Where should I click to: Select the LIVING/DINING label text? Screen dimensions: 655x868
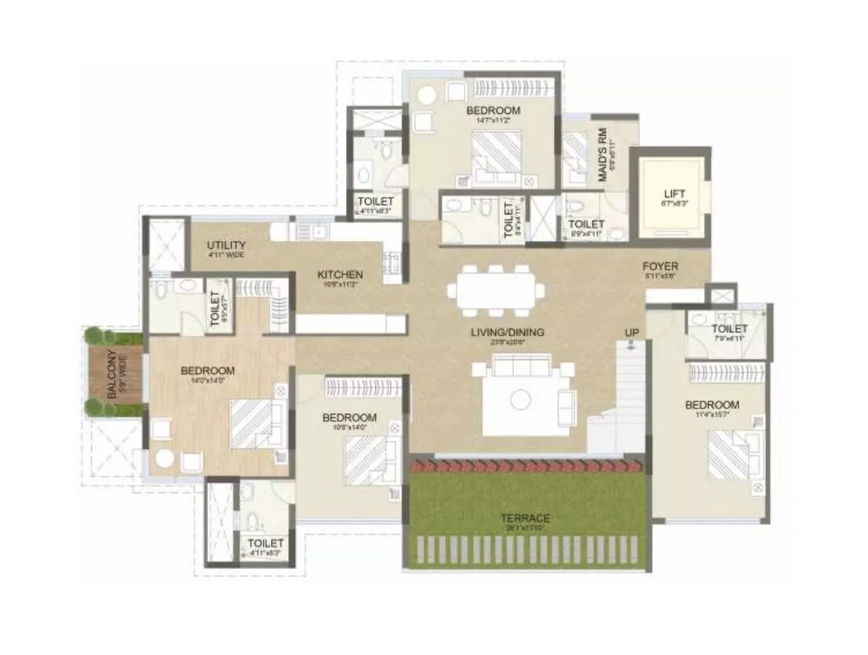click(507, 332)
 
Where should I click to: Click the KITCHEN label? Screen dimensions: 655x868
click(340, 274)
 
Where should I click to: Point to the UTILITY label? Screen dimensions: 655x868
click(226, 246)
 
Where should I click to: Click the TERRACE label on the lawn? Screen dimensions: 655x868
click(527, 518)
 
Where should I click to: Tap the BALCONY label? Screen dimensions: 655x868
click(112, 375)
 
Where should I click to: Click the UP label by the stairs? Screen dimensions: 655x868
click(632, 333)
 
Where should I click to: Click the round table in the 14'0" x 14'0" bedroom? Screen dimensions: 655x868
click(165, 459)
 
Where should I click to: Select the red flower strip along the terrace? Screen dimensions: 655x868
click(527, 466)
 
